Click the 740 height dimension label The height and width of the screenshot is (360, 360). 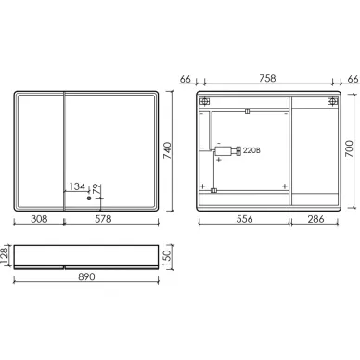167,150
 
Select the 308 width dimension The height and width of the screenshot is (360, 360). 39,219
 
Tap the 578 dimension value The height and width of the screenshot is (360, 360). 103,219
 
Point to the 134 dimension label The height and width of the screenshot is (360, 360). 77,186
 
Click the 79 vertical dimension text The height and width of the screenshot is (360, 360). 96,189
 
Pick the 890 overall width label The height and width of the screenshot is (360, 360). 86,276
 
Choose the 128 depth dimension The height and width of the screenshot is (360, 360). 5,255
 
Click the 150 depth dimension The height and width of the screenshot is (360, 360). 167,256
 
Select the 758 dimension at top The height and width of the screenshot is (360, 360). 267,78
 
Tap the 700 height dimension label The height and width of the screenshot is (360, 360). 349,148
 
